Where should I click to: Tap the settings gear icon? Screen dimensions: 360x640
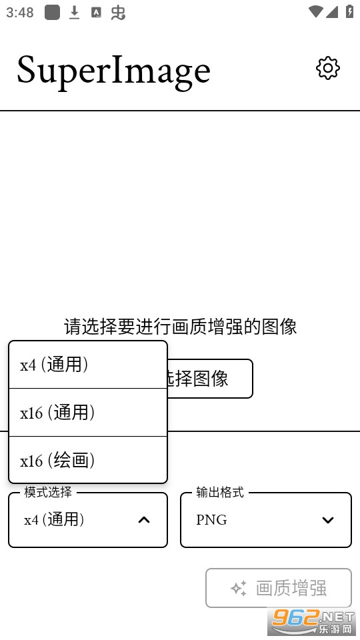click(x=328, y=68)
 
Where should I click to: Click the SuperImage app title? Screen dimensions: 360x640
click(x=113, y=71)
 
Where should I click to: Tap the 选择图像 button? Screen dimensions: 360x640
click(x=209, y=379)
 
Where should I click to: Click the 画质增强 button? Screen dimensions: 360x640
click(x=279, y=588)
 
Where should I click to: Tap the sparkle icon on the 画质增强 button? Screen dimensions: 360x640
click(x=239, y=588)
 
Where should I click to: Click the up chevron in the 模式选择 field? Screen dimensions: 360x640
click(x=144, y=520)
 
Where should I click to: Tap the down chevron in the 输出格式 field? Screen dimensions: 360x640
click(x=328, y=520)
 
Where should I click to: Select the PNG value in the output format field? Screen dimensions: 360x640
click(x=211, y=520)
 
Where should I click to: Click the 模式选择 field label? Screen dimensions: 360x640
click(x=48, y=492)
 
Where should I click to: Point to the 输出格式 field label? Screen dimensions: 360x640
click(x=220, y=492)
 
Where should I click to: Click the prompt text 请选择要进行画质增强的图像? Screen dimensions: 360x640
click(x=180, y=327)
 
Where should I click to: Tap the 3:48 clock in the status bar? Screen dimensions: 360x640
click(x=19, y=13)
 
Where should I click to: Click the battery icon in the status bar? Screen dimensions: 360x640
click(x=350, y=11)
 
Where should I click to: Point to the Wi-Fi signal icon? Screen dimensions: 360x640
click(x=316, y=12)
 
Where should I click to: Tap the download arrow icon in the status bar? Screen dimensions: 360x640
click(x=74, y=13)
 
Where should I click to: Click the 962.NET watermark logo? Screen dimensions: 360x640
click(x=312, y=621)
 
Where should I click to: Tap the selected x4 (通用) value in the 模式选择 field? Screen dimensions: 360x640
click(x=54, y=520)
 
